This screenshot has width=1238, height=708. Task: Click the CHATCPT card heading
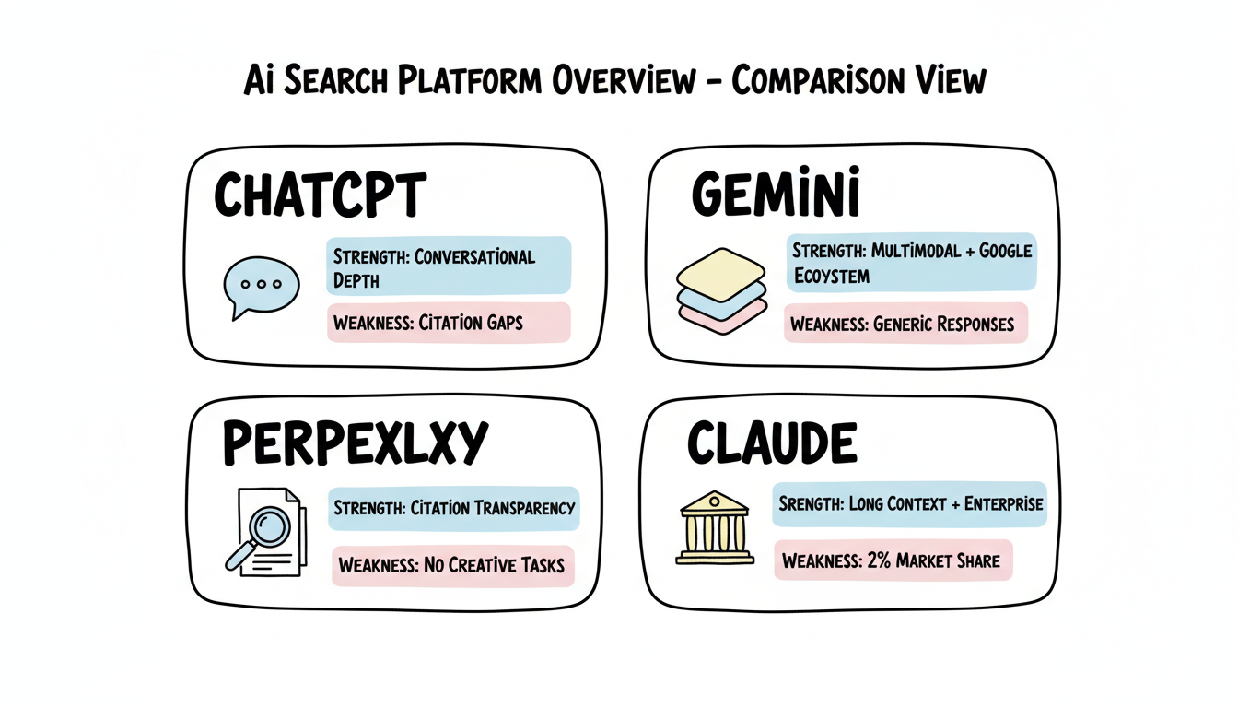(320, 195)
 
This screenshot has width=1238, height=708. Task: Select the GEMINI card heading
(776, 195)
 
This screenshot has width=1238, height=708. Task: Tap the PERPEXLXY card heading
(354, 444)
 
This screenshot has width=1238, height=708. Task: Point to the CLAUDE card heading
(772, 444)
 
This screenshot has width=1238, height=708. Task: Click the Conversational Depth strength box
(449, 266)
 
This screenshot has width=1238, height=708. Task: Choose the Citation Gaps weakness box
(449, 324)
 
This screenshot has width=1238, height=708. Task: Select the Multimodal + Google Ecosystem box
(910, 263)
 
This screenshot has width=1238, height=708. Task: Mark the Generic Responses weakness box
(905, 324)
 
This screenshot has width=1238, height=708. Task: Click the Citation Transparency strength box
(454, 507)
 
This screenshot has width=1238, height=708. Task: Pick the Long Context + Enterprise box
(909, 504)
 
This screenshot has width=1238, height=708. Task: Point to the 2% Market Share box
(892, 560)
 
